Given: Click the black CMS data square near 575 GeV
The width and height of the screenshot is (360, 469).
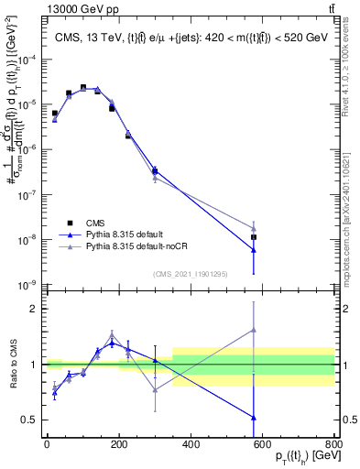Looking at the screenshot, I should pos(254,237).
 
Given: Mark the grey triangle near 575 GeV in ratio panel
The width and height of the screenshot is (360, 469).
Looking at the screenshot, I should pos(254,330).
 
